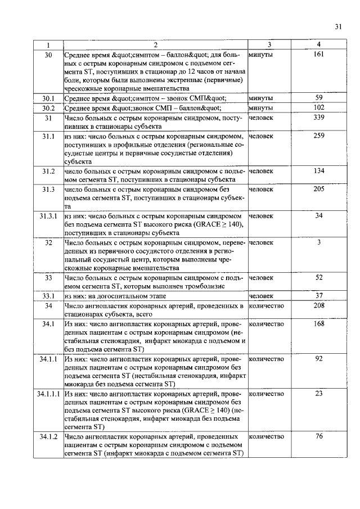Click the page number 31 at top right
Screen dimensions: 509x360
coord(337,26)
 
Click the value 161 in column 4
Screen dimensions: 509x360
coord(319,55)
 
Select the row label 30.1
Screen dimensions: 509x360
coord(48,98)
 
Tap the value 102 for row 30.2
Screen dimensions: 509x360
coord(319,107)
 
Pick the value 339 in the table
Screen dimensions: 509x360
coord(319,118)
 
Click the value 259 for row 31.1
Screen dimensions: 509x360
coord(319,136)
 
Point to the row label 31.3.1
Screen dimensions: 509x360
coord(48,216)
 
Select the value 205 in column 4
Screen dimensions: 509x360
coord(319,189)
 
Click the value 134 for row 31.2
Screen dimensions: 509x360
coord(319,170)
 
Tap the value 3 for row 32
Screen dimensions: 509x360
coord(319,242)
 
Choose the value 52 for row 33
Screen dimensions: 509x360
coord(319,277)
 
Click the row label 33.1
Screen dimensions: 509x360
coord(48,296)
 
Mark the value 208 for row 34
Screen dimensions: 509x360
coord(319,305)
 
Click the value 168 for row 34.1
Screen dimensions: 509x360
coord(319,324)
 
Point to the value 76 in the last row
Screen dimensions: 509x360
coord(319,436)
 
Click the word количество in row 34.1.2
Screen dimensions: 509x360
coord(266,436)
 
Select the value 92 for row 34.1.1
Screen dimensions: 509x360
coord(319,359)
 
